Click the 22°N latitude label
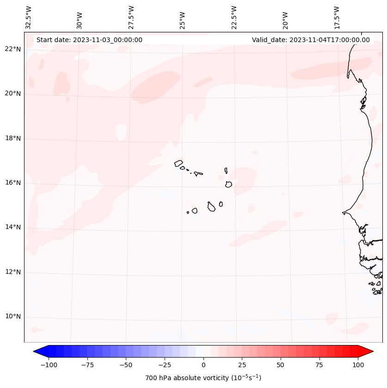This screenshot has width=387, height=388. pyautogui.click(x=13, y=49)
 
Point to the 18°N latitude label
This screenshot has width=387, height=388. pyautogui.click(x=13, y=138)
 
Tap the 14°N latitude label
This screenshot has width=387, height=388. pyautogui.click(x=13, y=227)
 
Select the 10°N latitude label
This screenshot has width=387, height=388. pyautogui.click(x=13, y=316)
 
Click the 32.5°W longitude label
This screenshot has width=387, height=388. pyautogui.click(x=29, y=18)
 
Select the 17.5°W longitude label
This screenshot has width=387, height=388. pyautogui.click(x=337, y=18)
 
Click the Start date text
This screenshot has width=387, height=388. pyautogui.click(x=89, y=40)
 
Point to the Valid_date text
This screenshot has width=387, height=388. pyautogui.click(x=311, y=40)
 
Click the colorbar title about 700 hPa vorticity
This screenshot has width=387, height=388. pyautogui.click(x=203, y=378)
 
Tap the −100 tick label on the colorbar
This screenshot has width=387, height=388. pyautogui.click(x=49, y=365)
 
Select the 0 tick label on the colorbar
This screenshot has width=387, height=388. pyautogui.click(x=203, y=365)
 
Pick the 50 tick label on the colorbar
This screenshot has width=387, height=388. pyautogui.click(x=281, y=365)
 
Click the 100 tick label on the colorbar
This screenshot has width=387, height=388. pyautogui.click(x=358, y=365)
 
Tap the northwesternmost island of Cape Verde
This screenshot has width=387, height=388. pyautogui.click(x=178, y=163)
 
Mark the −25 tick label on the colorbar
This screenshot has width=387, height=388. pyautogui.click(x=165, y=365)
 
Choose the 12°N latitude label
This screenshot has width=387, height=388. pyautogui.click(x=13, y=272)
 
